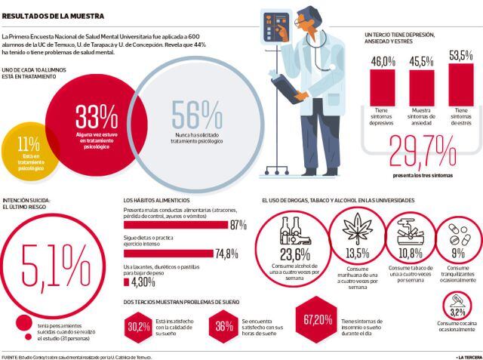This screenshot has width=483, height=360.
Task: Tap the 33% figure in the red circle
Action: pyautogui.click(x=97, y=117)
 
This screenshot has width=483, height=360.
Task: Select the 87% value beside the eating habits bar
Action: pyautogui.click(x=238, y=225)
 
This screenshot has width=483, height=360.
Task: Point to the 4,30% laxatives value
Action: pyautogui.click(x=143, y=282)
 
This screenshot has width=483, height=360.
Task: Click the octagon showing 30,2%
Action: pyautogui.click(x=138, y=326)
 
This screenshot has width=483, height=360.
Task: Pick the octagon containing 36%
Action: pyautogui.click(x=223, y=326)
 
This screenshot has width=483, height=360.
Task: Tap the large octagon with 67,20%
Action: pyautogui.click(x=318, y=319)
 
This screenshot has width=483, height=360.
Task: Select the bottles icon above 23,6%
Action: pyautogui.click(x=295, y=226)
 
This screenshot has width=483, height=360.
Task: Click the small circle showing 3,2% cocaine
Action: pyautogui.click(x=457, y=310)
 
